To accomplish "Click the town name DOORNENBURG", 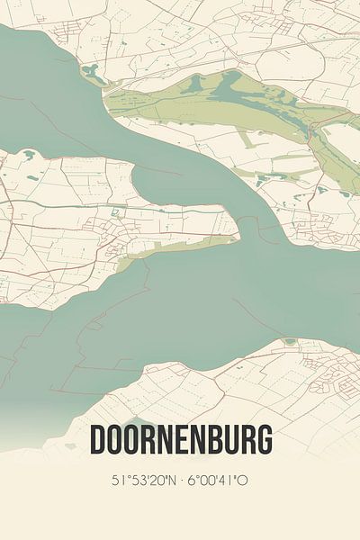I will [180, 442].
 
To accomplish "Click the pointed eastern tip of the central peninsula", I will [239, 238].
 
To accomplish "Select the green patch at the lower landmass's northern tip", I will [289, 342].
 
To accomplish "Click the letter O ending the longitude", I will [243, 481].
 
